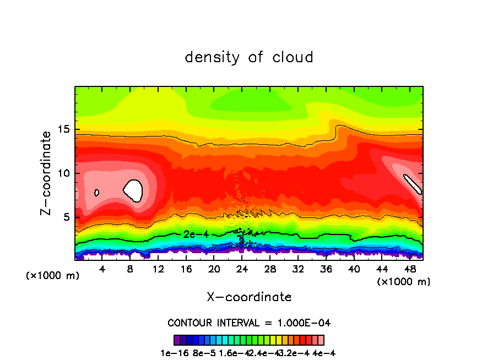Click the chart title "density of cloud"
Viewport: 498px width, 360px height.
tap(249, 57)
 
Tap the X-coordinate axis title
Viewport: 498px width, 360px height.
tap(249, 297)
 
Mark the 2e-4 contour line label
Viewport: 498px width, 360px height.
tap(196, 234)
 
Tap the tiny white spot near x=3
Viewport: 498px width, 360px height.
tap(97, 193)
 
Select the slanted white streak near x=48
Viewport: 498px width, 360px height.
tap(413, 184)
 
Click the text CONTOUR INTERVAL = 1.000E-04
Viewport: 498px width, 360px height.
tap(249, 323)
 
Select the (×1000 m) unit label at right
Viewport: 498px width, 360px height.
tap(404, 282)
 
